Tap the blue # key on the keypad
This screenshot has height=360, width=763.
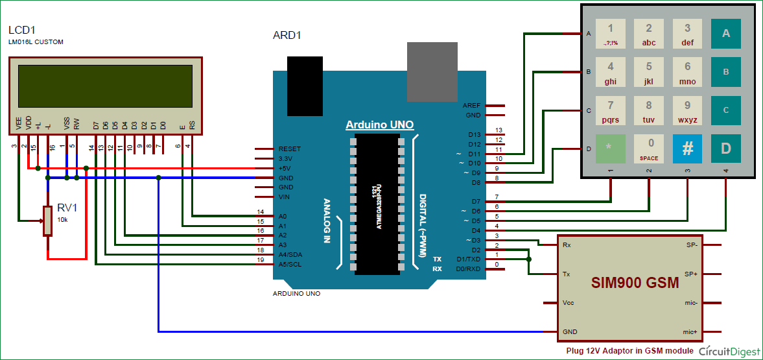tap(687, 149)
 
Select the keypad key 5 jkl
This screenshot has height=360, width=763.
tap(649, 72)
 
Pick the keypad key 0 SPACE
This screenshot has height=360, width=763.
tap(649, 149)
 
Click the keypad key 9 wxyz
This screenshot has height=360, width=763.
tap(687, 110)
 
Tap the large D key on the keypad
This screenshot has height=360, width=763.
tap(726, 149)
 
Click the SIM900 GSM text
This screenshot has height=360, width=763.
tap(635, 283)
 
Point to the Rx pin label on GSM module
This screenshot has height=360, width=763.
tap(567, 245)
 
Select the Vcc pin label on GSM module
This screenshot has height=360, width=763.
tap(568, 303)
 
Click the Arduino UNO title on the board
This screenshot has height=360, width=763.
tap(379, 125)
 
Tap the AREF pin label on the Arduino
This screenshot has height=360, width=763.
tap(471, 105)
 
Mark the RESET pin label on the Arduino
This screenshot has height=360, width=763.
tap(289, 149)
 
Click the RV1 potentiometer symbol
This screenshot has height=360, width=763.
tap(47, 221)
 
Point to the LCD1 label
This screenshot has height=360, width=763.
tap(21, 30)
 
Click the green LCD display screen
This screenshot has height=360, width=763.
tap(105, 90)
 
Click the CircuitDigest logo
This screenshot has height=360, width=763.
tap(729, 351)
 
